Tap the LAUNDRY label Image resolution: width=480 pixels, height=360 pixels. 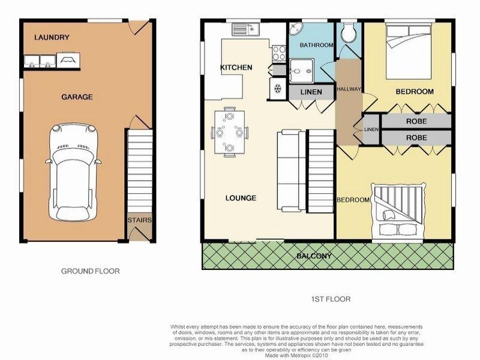[52, 37]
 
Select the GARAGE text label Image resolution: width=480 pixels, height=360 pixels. [77, 96]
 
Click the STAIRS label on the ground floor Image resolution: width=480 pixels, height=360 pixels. [139, 220]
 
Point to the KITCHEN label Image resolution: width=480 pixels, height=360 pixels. [236, 67]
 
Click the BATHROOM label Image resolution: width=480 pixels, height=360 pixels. [316, 45]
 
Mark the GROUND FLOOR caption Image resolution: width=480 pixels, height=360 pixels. [91, 271]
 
